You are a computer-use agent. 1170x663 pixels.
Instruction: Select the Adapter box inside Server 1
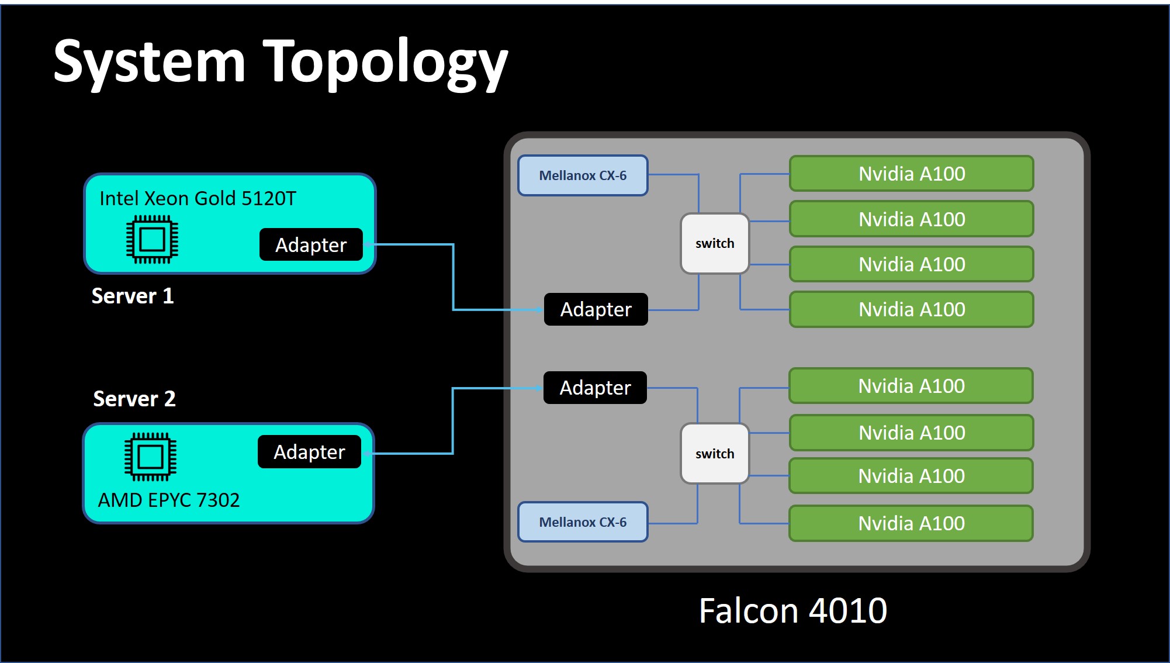tap(311, 244)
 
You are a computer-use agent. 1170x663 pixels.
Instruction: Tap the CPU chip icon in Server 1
tap(153, 239)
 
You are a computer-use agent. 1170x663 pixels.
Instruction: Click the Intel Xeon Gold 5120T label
tap(198, 199)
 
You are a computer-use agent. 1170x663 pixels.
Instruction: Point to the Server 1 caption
tap(133, 296)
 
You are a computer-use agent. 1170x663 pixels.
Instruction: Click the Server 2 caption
tap(134, 399)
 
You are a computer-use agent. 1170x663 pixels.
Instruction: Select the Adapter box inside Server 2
tap(309, 451)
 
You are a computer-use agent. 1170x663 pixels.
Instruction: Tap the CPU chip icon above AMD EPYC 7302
tap(150, 457)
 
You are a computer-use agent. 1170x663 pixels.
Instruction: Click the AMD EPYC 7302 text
tap(169, 500)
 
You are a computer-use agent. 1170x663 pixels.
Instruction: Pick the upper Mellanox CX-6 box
tap(583, 175)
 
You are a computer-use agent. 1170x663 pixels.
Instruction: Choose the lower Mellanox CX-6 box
tap(583, 522)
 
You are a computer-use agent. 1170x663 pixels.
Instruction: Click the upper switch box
tap(715, 243)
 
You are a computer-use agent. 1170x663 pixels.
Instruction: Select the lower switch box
tap(715, 454)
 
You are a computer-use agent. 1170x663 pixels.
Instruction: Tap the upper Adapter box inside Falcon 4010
tap(596, 309)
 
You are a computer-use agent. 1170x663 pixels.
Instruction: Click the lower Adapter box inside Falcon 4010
tap(595, 388)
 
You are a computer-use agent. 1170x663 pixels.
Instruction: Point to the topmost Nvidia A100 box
tap(912, 174)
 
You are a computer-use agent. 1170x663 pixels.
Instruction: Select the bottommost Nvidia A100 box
tap(911, 523)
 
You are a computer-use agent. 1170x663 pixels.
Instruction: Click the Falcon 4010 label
tap(793, 611)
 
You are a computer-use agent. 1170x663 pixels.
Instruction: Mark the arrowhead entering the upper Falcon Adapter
tap(539, 309)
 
